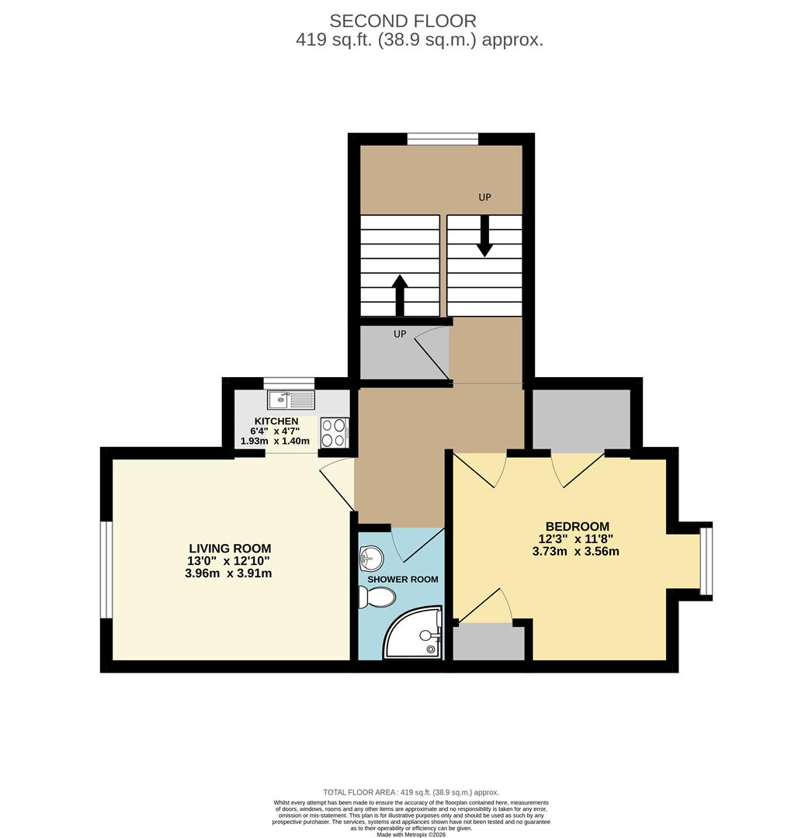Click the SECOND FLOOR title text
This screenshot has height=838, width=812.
[x=403, y=21]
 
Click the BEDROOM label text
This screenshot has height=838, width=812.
[x=577, y=526]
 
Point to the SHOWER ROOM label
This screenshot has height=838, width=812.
[x=402, y=579]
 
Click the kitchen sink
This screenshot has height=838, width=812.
[x=291, y=400]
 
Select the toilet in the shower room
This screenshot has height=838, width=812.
[x=378, y=597]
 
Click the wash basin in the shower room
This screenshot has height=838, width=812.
[x=371, y=556]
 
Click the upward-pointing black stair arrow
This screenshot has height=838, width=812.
[x=400, y=294]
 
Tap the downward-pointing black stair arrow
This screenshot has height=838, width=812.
[x=484, y=236]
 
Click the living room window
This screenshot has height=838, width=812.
[x=106, y=570]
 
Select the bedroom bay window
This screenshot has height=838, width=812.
[x=706, y=562]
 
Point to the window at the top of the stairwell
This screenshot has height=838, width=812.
[x=442, y=140]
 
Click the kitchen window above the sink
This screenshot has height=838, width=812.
[x=289, y=383]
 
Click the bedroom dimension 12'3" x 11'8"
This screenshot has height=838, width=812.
[x=577, y=539]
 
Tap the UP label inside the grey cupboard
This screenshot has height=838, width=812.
[x=400, y=334]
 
